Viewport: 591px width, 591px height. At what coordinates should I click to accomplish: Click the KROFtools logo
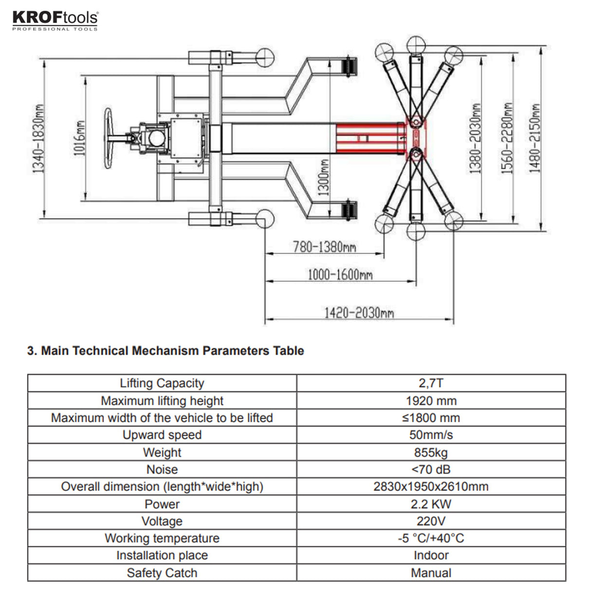[x=55, y=20]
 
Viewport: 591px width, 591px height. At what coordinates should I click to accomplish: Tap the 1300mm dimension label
[x=324, y=177]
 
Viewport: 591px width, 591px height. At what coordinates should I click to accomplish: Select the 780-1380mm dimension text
[x=324, y=247]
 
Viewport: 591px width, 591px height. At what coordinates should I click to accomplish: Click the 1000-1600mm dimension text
[x=340, y=275]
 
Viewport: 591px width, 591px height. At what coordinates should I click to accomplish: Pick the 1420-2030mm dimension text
[x=359, y=313]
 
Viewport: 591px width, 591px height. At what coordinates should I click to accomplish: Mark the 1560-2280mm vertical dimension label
[x=508, y=138]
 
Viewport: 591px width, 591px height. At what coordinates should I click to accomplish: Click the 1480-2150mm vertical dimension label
[x=535, y=138]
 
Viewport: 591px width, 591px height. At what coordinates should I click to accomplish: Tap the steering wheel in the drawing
[x=109, y=139]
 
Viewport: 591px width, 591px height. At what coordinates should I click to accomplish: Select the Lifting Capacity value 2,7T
[x=431, y=383]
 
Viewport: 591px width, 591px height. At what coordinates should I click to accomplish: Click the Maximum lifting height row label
[x=162, y=401]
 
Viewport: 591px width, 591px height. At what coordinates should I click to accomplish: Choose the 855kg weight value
[x=431, y=452]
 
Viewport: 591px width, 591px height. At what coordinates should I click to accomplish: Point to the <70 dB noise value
[x=431, y=469]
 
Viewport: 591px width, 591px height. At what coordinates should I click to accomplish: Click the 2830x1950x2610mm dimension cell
[x=431, y=486]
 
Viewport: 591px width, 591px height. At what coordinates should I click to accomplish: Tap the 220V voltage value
[x=431, y=521]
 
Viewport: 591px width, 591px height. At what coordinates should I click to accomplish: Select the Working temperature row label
[x=162, y=538]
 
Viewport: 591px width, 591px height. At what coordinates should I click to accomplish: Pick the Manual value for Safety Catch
[x=431, y=573]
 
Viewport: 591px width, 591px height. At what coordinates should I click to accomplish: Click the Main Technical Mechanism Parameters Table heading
[x=166, y=351]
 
